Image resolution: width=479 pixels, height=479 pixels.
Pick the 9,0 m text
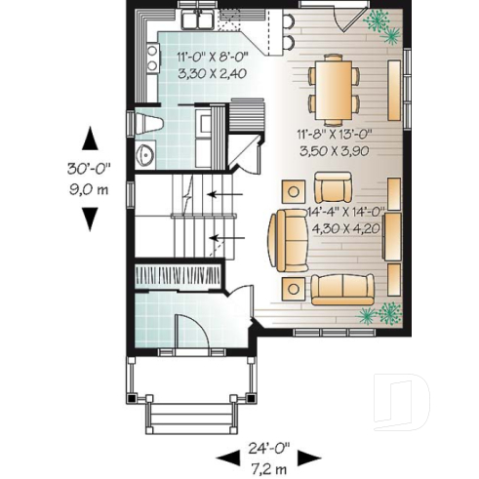[x=89, y=189]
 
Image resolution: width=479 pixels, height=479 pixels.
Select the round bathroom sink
[x=144, y=154]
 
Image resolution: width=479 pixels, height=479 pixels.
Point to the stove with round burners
[x=152, y=63]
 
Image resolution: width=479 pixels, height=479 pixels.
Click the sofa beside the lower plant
[x=342, y=288]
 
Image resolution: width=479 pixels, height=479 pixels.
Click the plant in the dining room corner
[x=380, y=27]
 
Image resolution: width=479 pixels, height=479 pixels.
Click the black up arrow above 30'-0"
[x=89, y=139]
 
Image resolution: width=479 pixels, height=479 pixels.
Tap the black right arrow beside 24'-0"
[x=309, y=457]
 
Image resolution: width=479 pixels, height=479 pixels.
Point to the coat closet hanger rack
[x=179, y=275]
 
